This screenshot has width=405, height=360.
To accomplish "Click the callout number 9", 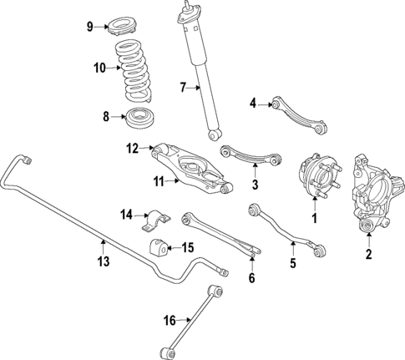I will click(90, 27).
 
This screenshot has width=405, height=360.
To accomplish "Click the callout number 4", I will click(253, 104).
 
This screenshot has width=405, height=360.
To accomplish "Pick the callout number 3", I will click(256, 184).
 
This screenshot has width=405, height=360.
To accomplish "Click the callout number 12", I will click(131, 149).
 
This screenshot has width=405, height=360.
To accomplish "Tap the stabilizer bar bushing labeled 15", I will click(156, 247).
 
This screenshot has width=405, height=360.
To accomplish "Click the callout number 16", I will click(170, 319).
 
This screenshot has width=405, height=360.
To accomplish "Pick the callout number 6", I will click(251, 278).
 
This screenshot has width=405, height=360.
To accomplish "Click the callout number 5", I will click(293, 266).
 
